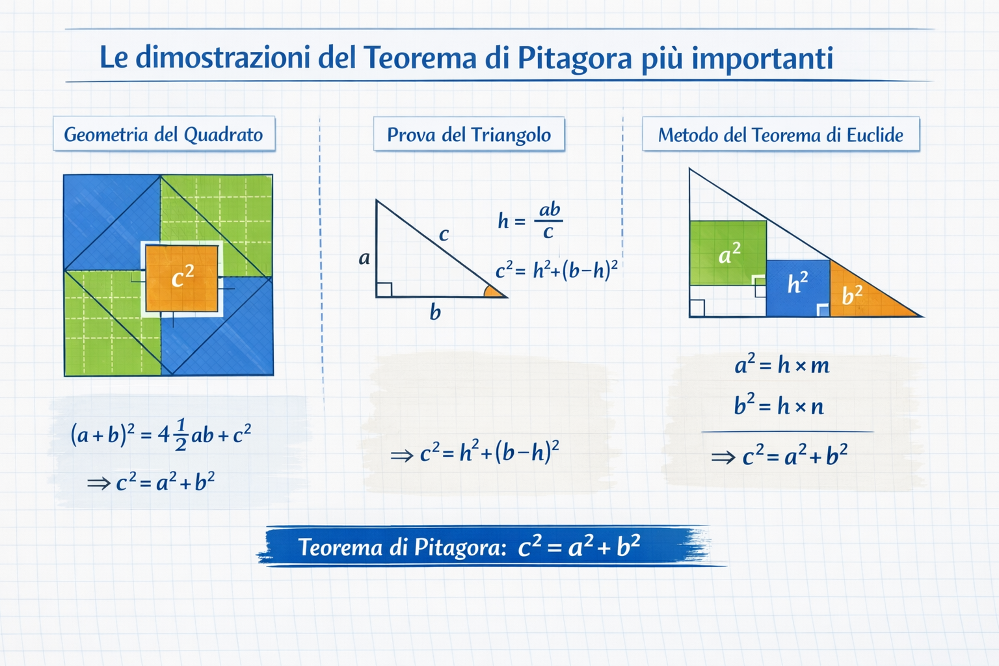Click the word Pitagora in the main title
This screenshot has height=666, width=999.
(x=575, y=59)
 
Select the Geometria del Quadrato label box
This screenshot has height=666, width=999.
(x=164, y=134)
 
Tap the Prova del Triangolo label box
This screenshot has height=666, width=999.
(x=469, y=134)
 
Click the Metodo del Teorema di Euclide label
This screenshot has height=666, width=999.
(x=781, y=134)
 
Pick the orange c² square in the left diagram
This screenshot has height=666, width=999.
(x=182, y=279)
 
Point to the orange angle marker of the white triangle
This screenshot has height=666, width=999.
(x=493, y=291)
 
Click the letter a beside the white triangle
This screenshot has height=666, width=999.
(x=364, y=258)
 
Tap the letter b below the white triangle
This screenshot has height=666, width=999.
(x=435, y=312)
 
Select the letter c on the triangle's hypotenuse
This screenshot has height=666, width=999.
(x=444, y=234)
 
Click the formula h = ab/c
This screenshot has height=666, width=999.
(x=530, y=220)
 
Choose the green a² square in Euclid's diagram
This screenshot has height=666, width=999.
(x=728, y=253)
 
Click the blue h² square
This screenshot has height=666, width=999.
(x=798, y=288)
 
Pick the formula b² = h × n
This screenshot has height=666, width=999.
(x=779, y=405)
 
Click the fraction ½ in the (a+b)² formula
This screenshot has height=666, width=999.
(x=181, y=434)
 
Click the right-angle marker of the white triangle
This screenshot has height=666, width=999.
(x=384, y=289)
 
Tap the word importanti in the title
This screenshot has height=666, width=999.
(x=762, y=59)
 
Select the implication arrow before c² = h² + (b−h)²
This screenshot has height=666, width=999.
(x=402, y=455)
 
